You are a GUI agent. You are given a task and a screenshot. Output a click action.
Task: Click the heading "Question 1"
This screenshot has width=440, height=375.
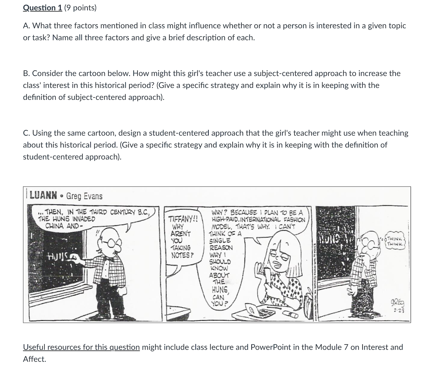pyautogui.click(x=42, y=8)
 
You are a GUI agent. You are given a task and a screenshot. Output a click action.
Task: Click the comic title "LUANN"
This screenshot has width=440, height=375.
pyautogui.click(x=44, y=195)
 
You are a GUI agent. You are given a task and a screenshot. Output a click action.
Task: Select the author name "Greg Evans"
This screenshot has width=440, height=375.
pyautogui.click(x=84, y=196)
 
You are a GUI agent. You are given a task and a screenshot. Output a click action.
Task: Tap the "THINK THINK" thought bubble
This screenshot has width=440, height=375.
pyautogui.click(x=395, y=241)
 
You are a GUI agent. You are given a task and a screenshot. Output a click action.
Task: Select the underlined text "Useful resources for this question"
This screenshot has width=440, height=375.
pyautogui.click(x=81, y=347)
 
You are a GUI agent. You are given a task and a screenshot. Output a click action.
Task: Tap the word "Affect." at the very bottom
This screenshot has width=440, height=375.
pyautogui.click(x=34, y=359)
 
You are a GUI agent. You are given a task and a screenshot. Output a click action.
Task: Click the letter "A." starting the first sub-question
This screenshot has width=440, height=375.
pyautogui.click(x=26, y=26)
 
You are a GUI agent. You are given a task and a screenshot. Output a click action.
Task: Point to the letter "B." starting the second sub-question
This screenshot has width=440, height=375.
pyautogui.click(x=26, y=74)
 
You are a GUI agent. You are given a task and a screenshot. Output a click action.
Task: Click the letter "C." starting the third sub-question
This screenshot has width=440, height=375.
pyautogui.click(x=26, y=133)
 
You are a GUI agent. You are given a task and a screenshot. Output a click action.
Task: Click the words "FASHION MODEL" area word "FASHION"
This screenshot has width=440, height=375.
pyautogui.click(x=293, y=220)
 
